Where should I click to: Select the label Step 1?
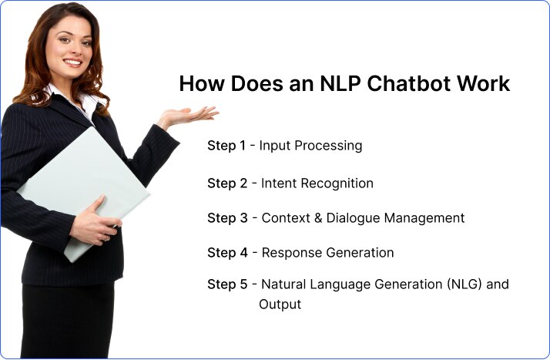point(226,145)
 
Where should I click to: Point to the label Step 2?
point(227,183)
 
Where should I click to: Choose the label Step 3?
point(227,218)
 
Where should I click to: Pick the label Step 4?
point(227,253)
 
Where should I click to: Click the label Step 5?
point(227,284)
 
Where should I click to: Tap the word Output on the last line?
point(280,304)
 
